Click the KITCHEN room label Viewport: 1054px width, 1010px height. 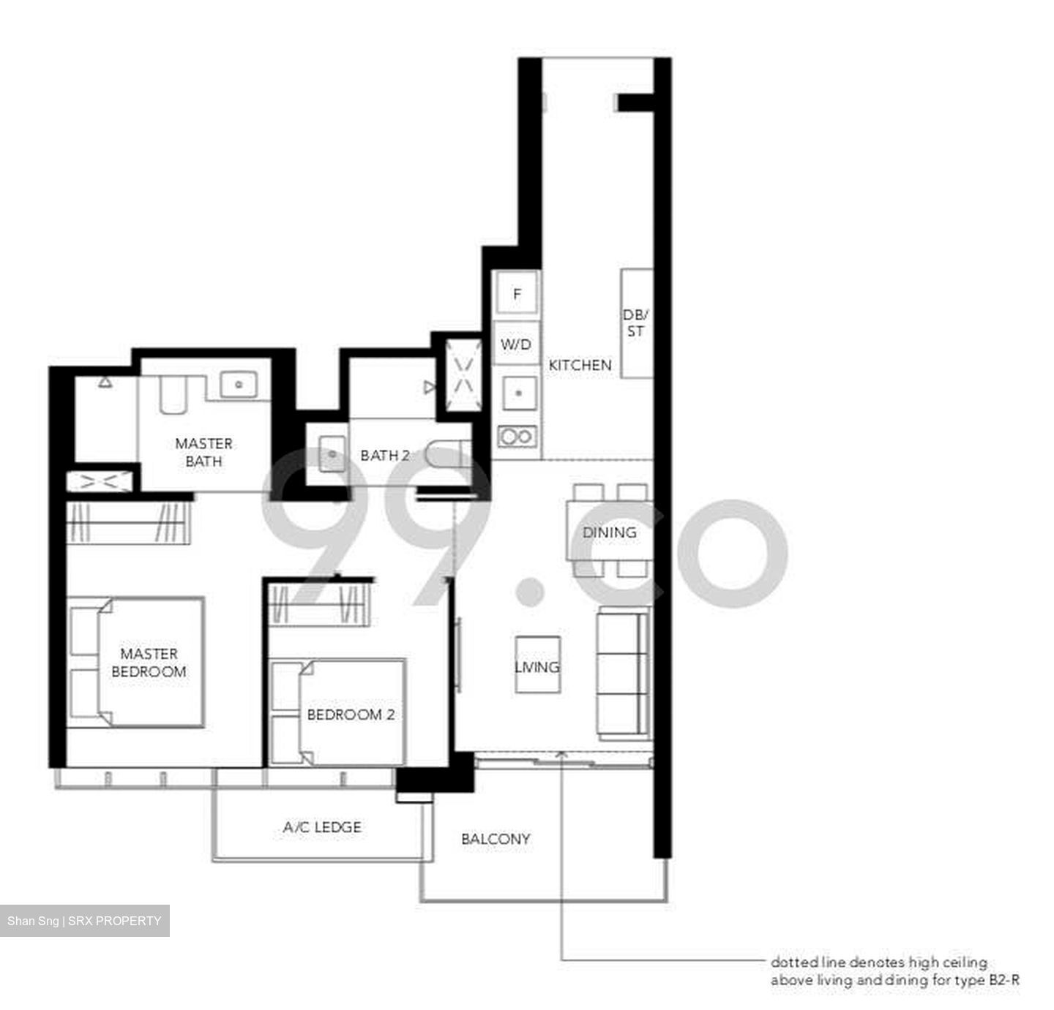pos(580,366)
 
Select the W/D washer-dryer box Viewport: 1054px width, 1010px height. pos(516,344)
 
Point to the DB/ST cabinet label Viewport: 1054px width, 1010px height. pos(635,323)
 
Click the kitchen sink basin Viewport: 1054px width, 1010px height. pos(519,393)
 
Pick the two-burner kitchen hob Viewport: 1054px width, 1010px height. pos(517,436)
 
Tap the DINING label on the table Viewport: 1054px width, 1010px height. pos(609,532)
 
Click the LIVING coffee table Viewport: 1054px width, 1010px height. pos(537,665)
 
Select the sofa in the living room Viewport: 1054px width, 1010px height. pos(624,674)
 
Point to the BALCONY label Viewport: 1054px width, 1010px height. pos(496,839)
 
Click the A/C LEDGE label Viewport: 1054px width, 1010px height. pos(322,827)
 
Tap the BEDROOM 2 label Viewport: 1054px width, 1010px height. pos(351,715)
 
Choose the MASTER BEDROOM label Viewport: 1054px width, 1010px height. pos(149,663)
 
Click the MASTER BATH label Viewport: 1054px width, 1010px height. pos(203,453)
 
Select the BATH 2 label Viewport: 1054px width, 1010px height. pos(385,455)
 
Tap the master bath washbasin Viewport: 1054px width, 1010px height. pos(239,385)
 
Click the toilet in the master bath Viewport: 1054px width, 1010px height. pos(173,395)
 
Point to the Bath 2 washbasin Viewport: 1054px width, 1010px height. pos(332,454)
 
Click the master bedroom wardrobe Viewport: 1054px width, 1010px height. pos(128,522)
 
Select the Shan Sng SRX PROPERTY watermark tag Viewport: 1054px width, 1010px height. pos(84,921)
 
